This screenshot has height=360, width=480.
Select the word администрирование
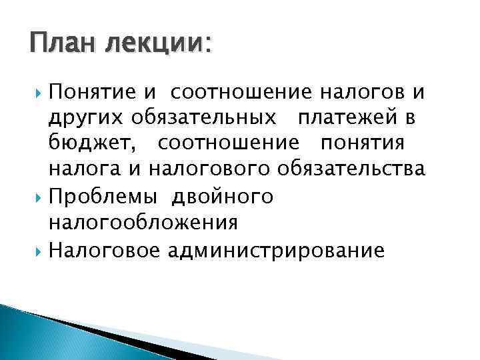276,251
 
